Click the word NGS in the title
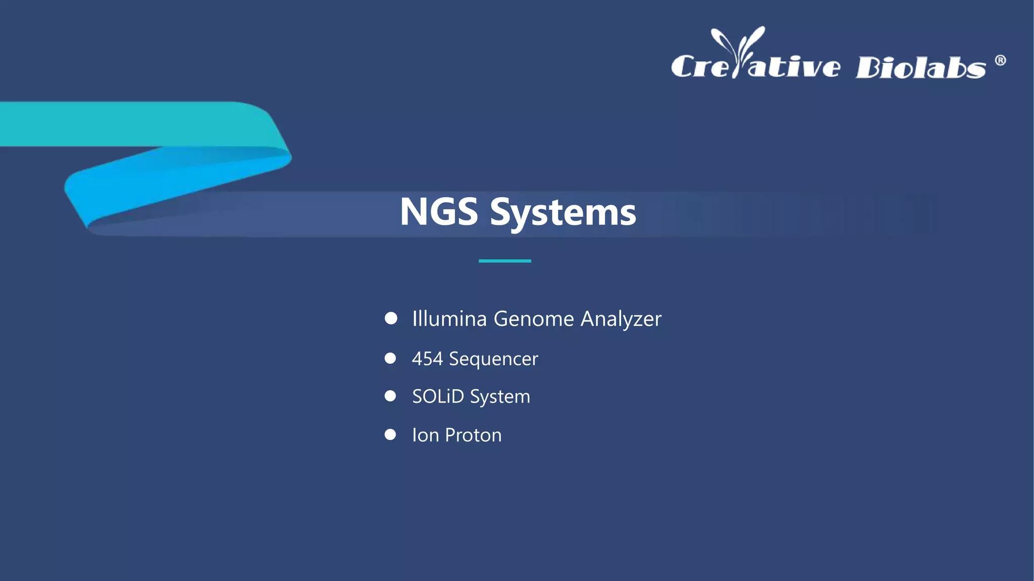438,212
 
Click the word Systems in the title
563,213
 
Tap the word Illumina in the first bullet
449,319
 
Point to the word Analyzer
621,319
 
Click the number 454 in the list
427,359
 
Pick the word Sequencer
493,359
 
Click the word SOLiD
438,396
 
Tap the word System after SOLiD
500,397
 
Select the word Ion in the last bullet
425,435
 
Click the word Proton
473,435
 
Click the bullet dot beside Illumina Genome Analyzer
391,318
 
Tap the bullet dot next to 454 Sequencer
390,358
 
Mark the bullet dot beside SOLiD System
390,396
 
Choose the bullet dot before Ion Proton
390,434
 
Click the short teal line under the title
504,261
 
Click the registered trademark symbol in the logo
1000,61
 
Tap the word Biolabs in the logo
920,68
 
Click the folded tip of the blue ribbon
76,194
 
